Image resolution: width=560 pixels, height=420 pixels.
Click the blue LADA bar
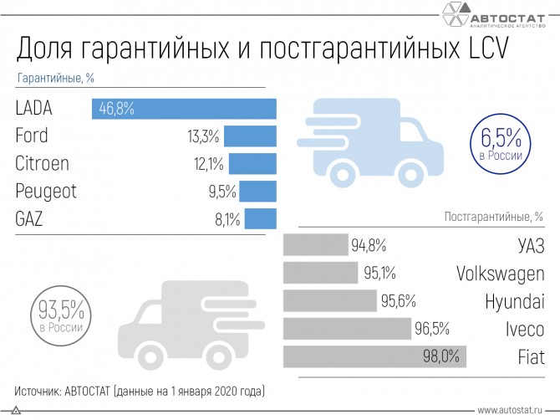(x=184, y=109)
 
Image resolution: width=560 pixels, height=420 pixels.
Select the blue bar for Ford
(x=250, y=136)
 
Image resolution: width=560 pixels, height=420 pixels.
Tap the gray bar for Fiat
(x=374, y=356)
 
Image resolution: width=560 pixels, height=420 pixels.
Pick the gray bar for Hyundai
(x=330, y=301)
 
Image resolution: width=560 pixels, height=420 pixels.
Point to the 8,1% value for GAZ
(x=225, y=220)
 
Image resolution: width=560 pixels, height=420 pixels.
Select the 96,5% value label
(x=431, y=329)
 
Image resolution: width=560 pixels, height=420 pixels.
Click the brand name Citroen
(x=42, y=163)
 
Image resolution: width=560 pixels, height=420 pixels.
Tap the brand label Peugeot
(x=46, y=192)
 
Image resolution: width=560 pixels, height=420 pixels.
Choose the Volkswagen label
(x=500, y=274)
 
